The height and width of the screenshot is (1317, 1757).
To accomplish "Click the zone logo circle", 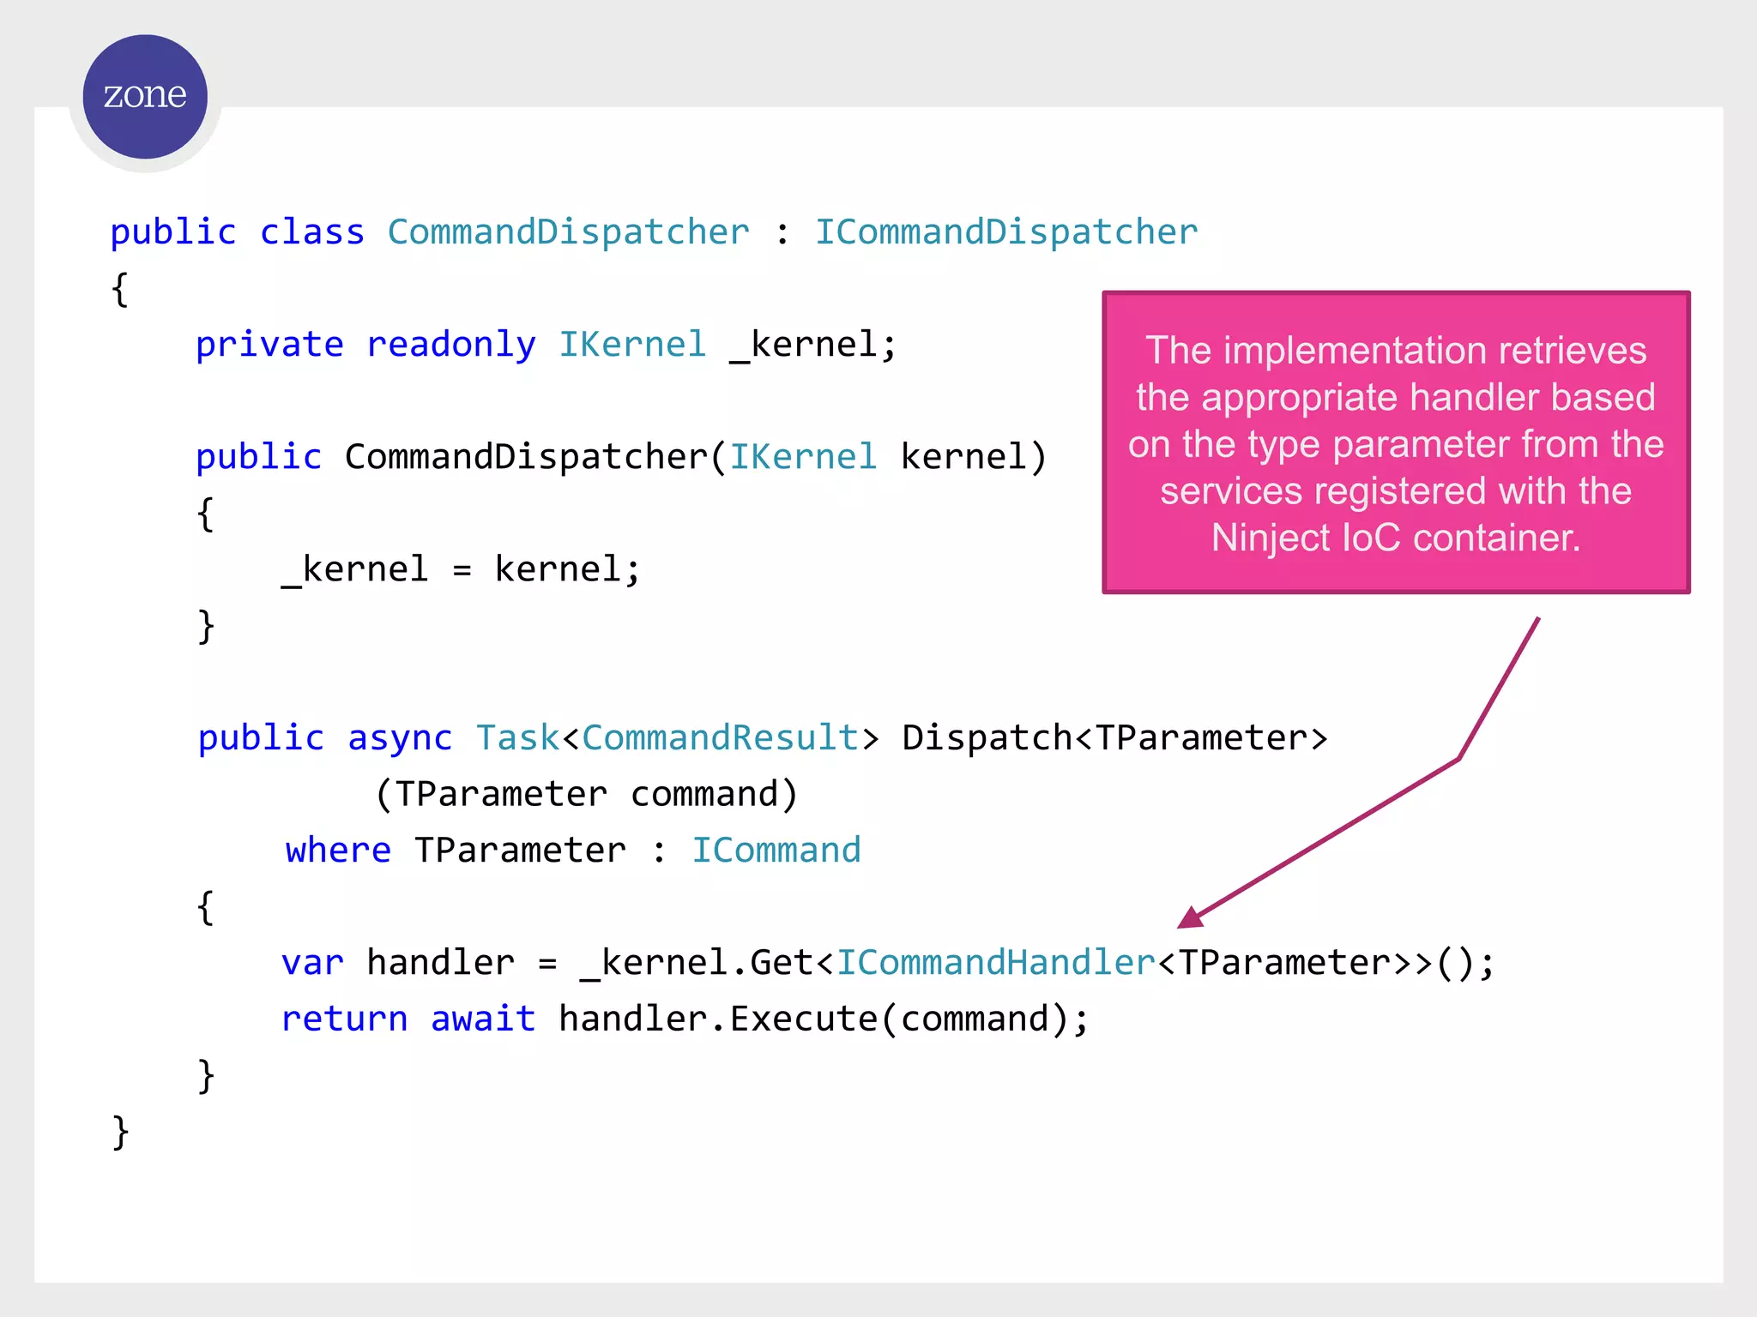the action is [x=145, y=96].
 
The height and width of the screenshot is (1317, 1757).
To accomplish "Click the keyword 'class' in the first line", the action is [x=312, y=232].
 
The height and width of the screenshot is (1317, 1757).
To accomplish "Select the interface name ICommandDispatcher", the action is [x=1005, y=232].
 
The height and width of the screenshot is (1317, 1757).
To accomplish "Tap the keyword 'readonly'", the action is [x=451, y=345].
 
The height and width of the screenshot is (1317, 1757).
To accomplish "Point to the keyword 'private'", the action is [x=269, y=345].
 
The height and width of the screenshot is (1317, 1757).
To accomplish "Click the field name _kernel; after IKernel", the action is [x=812, y=345].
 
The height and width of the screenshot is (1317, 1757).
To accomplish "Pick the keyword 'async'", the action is [x=400, y=738].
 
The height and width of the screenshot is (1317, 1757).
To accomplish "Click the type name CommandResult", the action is [x=720, y=738].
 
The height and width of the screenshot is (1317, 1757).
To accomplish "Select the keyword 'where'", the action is [x=338, y=851].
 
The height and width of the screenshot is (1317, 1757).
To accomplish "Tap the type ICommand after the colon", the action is [x=776, y=851].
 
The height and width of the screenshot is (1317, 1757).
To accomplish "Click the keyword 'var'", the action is [x=312, y=963].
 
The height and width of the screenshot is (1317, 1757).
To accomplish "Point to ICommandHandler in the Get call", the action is [x=996, y=963].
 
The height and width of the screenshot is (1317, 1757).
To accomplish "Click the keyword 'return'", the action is [x=345, y=1019].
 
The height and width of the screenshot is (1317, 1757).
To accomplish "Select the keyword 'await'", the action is [x=483, y=1019].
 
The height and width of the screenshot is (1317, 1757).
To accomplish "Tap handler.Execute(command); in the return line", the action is [x=824, y=1019].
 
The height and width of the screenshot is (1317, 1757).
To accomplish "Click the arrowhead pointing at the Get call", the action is [x=1191, y=918].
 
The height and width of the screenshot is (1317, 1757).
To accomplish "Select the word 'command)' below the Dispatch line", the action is [x=714, y=794].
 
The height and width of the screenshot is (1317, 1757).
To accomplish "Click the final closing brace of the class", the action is [x=120, y=1132].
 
